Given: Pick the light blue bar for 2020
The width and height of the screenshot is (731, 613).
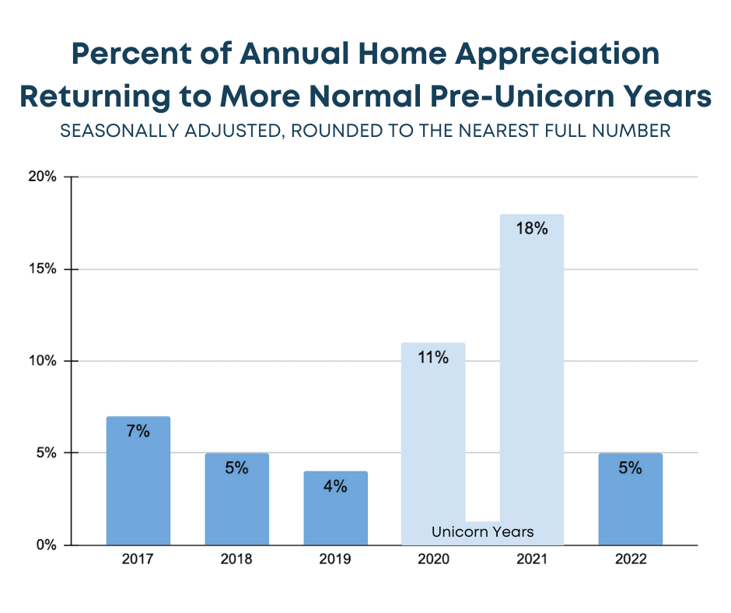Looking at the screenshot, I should point(433,443).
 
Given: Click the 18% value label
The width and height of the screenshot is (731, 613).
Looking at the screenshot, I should point(532,229).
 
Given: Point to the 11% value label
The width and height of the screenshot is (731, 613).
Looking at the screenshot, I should point(433,358).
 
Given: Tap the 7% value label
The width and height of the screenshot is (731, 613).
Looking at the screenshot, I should point(138,431).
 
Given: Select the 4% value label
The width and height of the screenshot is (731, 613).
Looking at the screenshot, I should point(335,486).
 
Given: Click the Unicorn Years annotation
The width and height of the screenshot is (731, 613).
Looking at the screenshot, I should point(483,532).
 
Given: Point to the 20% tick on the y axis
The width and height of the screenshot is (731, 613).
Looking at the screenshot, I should point(44,177).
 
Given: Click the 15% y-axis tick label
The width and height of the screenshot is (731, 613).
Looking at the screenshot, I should point(44,269).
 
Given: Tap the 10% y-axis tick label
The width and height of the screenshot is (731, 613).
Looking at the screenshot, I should point(44,361).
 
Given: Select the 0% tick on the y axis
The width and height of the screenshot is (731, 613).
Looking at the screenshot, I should point(47,545).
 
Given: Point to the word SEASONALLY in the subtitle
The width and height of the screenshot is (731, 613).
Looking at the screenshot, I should point(116,131).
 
